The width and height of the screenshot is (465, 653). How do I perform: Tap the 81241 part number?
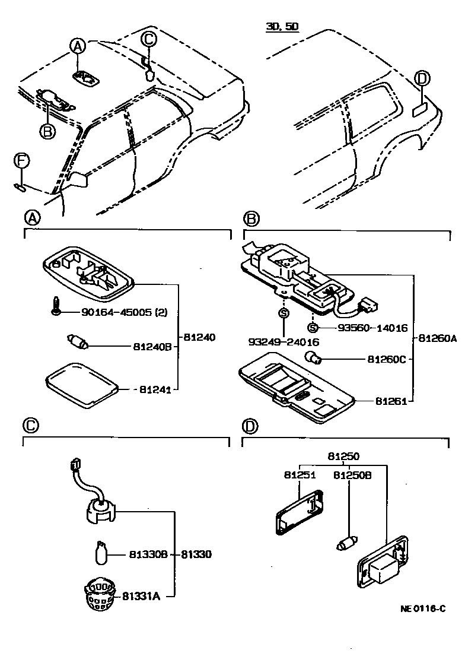coord(158,389)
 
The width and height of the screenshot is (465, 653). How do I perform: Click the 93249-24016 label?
coord(283,342)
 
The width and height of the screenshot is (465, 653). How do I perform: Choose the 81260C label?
coord(387,359)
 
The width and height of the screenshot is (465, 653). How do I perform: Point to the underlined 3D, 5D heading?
coord(282,27)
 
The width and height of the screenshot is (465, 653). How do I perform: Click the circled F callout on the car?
coord(21,161)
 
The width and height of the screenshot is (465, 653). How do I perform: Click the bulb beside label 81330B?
coord(101,553)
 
